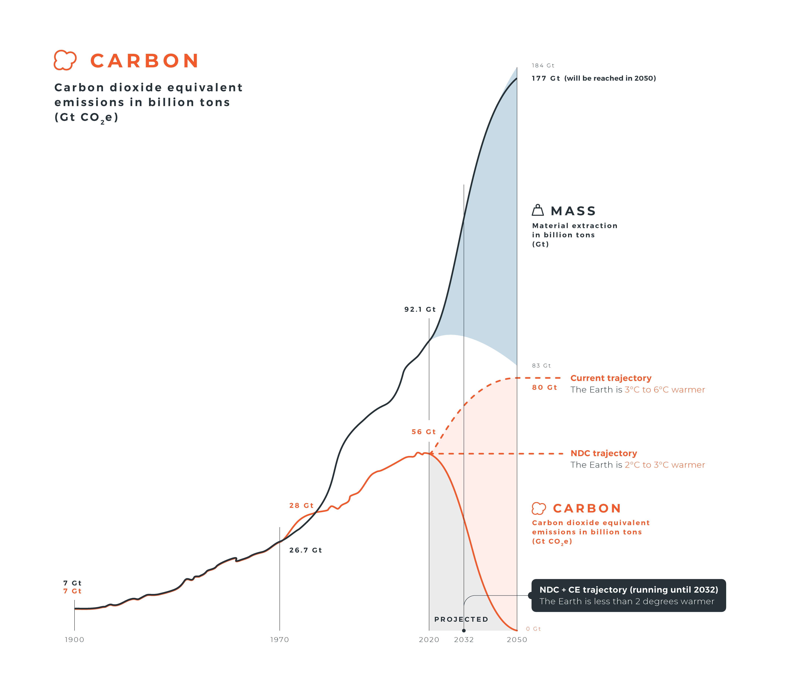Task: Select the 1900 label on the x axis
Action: (74, 640)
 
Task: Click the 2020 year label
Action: (429, 640)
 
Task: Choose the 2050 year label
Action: (517, 640)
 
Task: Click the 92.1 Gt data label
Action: (420, 309)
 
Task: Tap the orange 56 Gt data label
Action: (423, 432)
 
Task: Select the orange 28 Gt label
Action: (301, 505)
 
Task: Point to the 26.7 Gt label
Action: (305, 550)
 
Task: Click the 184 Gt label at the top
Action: (543, 65)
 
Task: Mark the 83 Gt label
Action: (541, 365)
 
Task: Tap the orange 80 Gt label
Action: (544, 388)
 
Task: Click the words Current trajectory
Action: (611, 378)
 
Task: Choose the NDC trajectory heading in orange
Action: (604, 453)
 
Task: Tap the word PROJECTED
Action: (461, 619)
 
